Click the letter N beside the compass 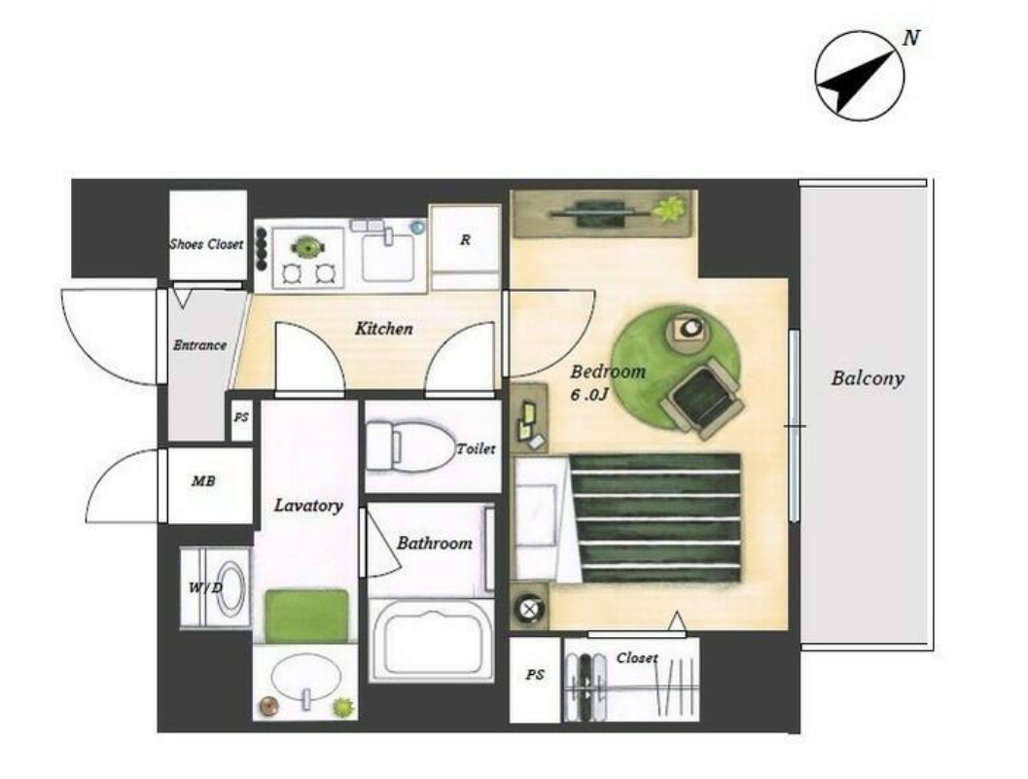[910, 38]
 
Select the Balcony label [868, 378]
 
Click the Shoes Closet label [206, 244]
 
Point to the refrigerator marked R [465, 247]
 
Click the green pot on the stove [306, 247]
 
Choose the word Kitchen [383, 329]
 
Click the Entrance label [199, 345]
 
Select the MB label [203, 481]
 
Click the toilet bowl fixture [409, 446]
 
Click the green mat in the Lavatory [306, 616]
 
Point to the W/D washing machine [216, 588]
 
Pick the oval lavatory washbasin [306, 679]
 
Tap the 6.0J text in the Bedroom [590, 395]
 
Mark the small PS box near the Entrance [241, 417]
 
